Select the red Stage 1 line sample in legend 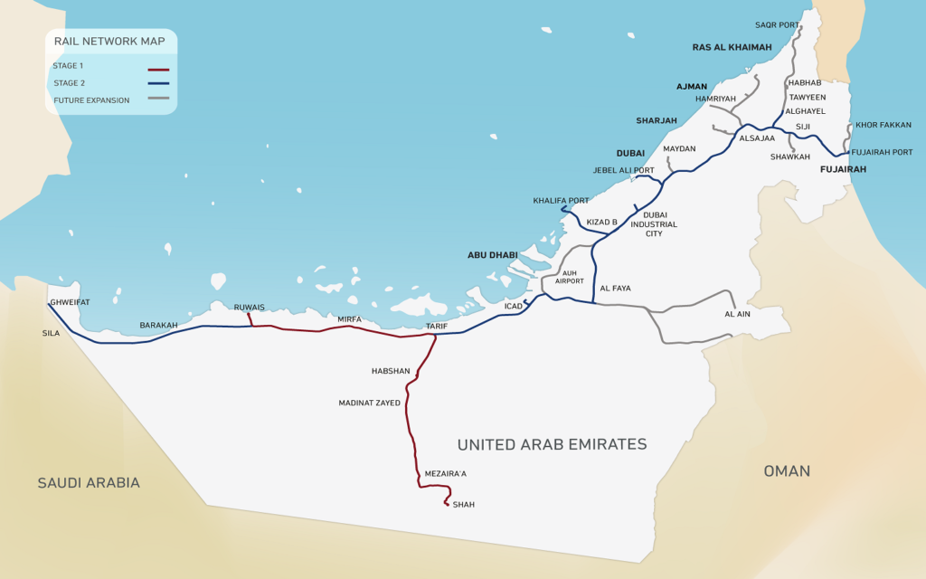coord(158,69)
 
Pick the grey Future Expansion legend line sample coord(158,99)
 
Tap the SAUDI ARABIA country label coord(89,483)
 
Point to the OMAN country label coord(787,471)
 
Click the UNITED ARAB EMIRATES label coord(552,444)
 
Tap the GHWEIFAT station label coord(70,302)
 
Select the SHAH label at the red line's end coord(463,505)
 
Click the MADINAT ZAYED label coord(369,403)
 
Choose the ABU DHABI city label coord(492,255)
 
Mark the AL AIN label coord(738,314)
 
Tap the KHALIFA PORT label coord(561,201)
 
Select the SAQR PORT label coord(778,25)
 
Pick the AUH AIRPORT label coord(570,277)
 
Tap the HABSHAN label coord(391,371)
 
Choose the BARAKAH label coord(158,325)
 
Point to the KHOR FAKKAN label coord(883,125)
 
